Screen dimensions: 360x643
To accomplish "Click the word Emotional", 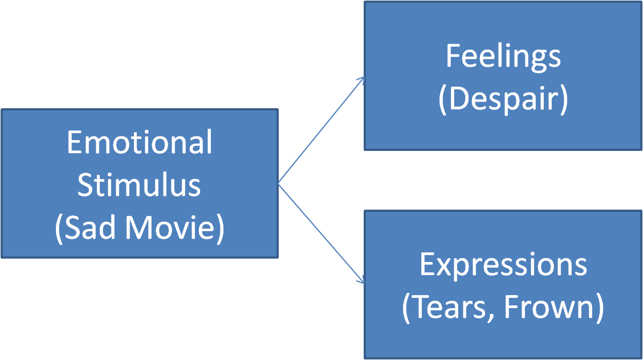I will [x=139, y=142].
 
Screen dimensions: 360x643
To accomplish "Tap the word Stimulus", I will [x=139, y=185].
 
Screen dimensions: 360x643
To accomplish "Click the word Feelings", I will [x=503, y=57].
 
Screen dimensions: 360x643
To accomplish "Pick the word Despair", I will [x=503, y=100].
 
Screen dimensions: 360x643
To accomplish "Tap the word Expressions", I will [x=503, y=265].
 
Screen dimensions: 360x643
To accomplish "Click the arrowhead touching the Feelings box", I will [x=362, y=79].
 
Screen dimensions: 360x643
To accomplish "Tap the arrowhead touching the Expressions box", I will [x=361, y=281].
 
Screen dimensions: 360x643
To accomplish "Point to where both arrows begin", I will [x=278, y=183].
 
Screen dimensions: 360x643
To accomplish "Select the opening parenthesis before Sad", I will [x=59, y=228].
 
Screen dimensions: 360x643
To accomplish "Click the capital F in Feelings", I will [x=452, y=56].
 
